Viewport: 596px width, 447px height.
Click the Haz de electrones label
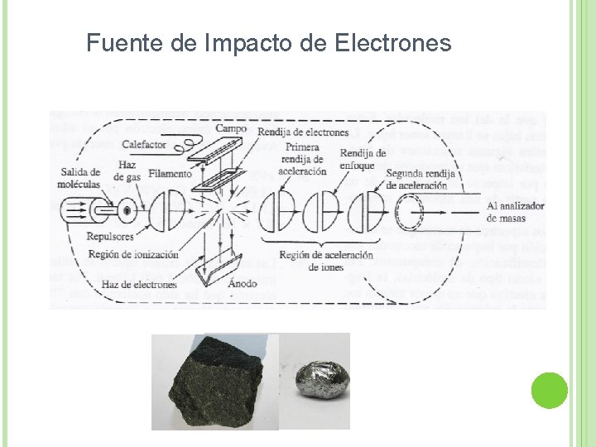(138, 284)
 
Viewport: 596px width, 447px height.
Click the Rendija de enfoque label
(363, 160)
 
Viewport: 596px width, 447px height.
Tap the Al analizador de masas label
(517, 212)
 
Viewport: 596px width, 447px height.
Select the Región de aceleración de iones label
(326, 260)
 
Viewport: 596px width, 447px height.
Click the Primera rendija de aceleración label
(305, 158)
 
